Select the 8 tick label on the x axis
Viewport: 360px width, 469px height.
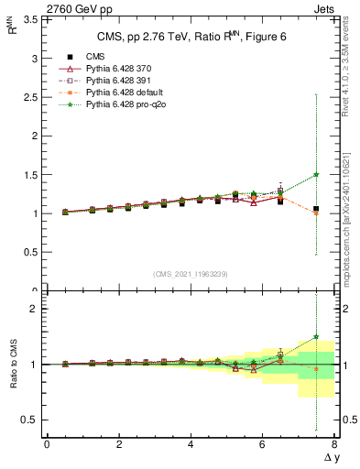[x=334, y=444]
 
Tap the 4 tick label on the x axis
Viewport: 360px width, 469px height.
[x=191, y=444]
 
